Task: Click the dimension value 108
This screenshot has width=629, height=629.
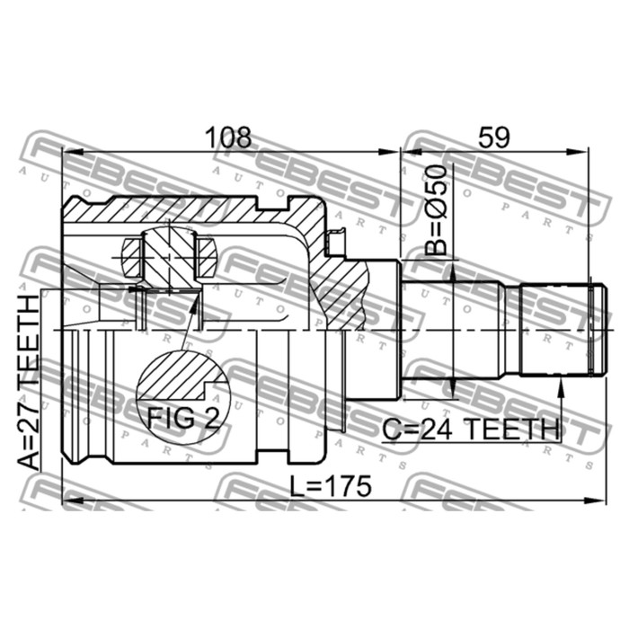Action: point(228,137)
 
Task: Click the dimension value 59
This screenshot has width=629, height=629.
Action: point(494,137)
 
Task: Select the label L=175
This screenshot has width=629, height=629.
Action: point(331,486)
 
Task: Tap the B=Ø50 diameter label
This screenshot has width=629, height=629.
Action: point(436,210)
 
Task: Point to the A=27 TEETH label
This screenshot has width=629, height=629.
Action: point(30,382)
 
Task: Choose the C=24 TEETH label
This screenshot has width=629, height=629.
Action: point(471,430)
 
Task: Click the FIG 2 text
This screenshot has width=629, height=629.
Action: point(183,417)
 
